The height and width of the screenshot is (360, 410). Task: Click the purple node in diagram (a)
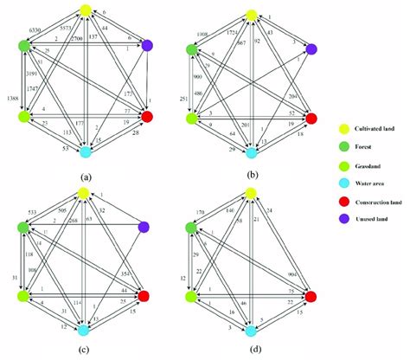pos(146,45)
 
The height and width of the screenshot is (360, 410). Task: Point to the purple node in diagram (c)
pos(145,228)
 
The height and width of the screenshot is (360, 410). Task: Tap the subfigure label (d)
pos(250,350)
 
